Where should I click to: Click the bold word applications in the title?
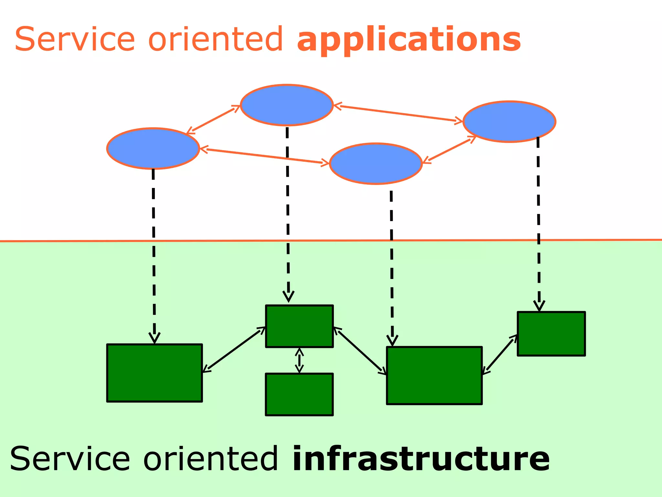[x=409, y=39]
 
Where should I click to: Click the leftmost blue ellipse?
[x=153, y=149]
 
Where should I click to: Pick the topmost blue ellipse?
[x=287, y=105]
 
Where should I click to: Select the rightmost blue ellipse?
[x=509, y=122]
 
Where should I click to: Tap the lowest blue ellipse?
[x=376, y=164]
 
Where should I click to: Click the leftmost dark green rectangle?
[x=155, y=373]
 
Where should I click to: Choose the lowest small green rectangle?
[x=299, y=394]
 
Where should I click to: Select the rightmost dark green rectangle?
[x=551, y=334]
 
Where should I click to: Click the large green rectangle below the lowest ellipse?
[x=434, y=376]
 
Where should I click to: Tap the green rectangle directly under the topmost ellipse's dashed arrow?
[x=299, y=326]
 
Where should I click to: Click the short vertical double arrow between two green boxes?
[x=299, y=360]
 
